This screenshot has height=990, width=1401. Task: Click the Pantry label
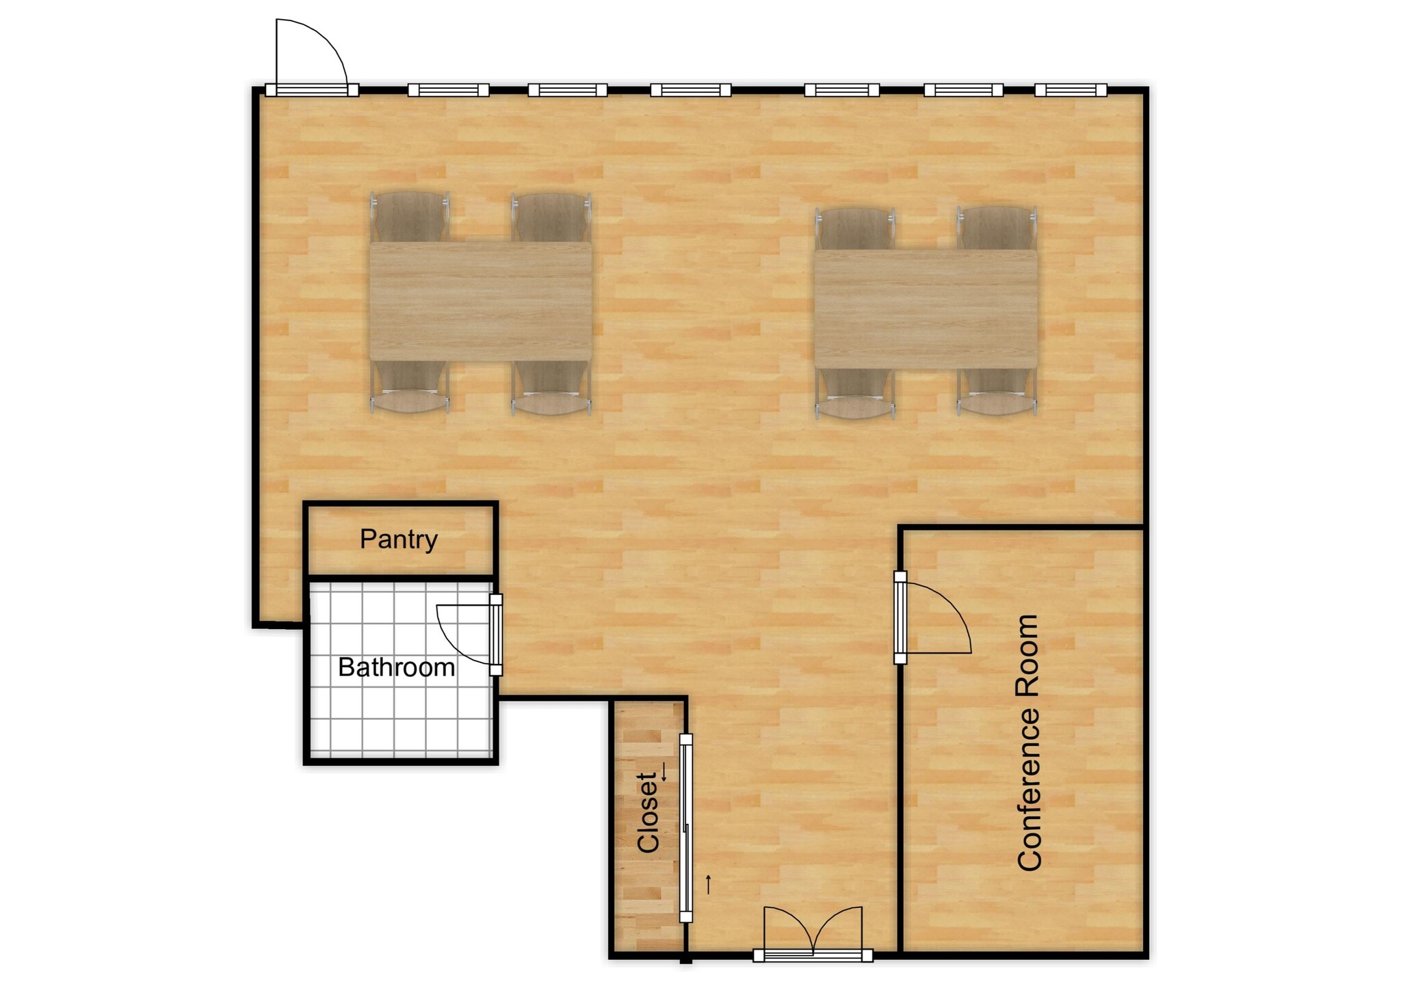399,539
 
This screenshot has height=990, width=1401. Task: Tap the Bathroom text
396,667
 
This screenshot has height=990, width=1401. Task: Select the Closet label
648,812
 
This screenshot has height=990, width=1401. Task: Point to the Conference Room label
1029,742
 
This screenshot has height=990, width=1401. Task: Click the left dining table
480,301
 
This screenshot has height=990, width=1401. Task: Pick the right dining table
926,308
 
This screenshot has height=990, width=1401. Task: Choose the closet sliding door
685,827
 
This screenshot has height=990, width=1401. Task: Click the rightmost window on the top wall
1071,90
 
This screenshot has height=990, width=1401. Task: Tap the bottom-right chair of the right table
997,394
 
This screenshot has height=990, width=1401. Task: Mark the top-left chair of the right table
855,228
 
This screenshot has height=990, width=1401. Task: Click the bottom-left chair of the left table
409,389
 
